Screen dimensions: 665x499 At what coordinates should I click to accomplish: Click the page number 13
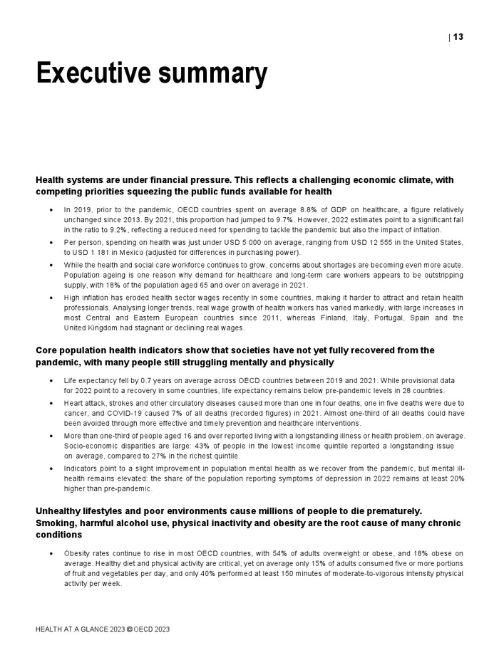click(x=458, y=37)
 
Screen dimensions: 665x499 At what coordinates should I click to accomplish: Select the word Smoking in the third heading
click(x=59, y=523)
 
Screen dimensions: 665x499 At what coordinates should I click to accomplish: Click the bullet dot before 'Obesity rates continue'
click(x=51, y=553)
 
